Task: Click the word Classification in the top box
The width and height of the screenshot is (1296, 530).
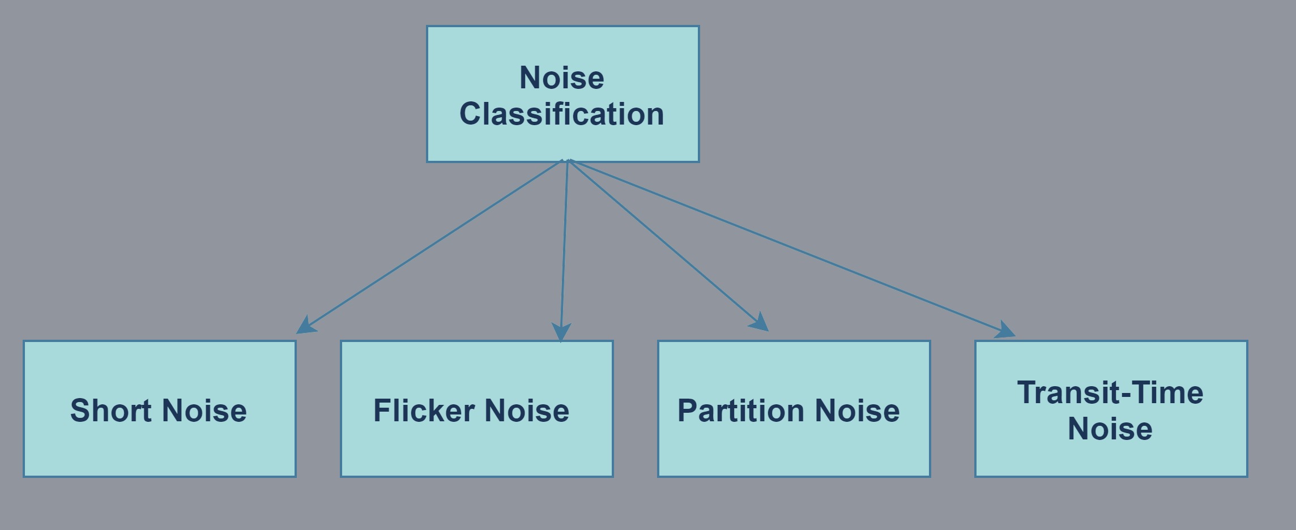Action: click(561, 114)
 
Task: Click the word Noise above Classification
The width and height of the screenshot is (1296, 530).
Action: click(561, 78)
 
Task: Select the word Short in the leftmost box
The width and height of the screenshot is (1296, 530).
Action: click(111, 411)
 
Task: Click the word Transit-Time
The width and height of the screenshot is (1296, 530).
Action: click(1110, 393)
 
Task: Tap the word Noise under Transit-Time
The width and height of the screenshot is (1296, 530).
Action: click(1110, 429)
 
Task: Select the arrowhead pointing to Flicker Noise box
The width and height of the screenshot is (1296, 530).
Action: click(561, 332)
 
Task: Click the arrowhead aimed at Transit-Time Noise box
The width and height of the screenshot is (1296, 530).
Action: click(1005, 331)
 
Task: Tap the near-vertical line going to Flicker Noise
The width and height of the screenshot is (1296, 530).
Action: click(564, 243)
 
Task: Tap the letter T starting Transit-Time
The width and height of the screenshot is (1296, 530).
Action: click(1026, 392)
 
